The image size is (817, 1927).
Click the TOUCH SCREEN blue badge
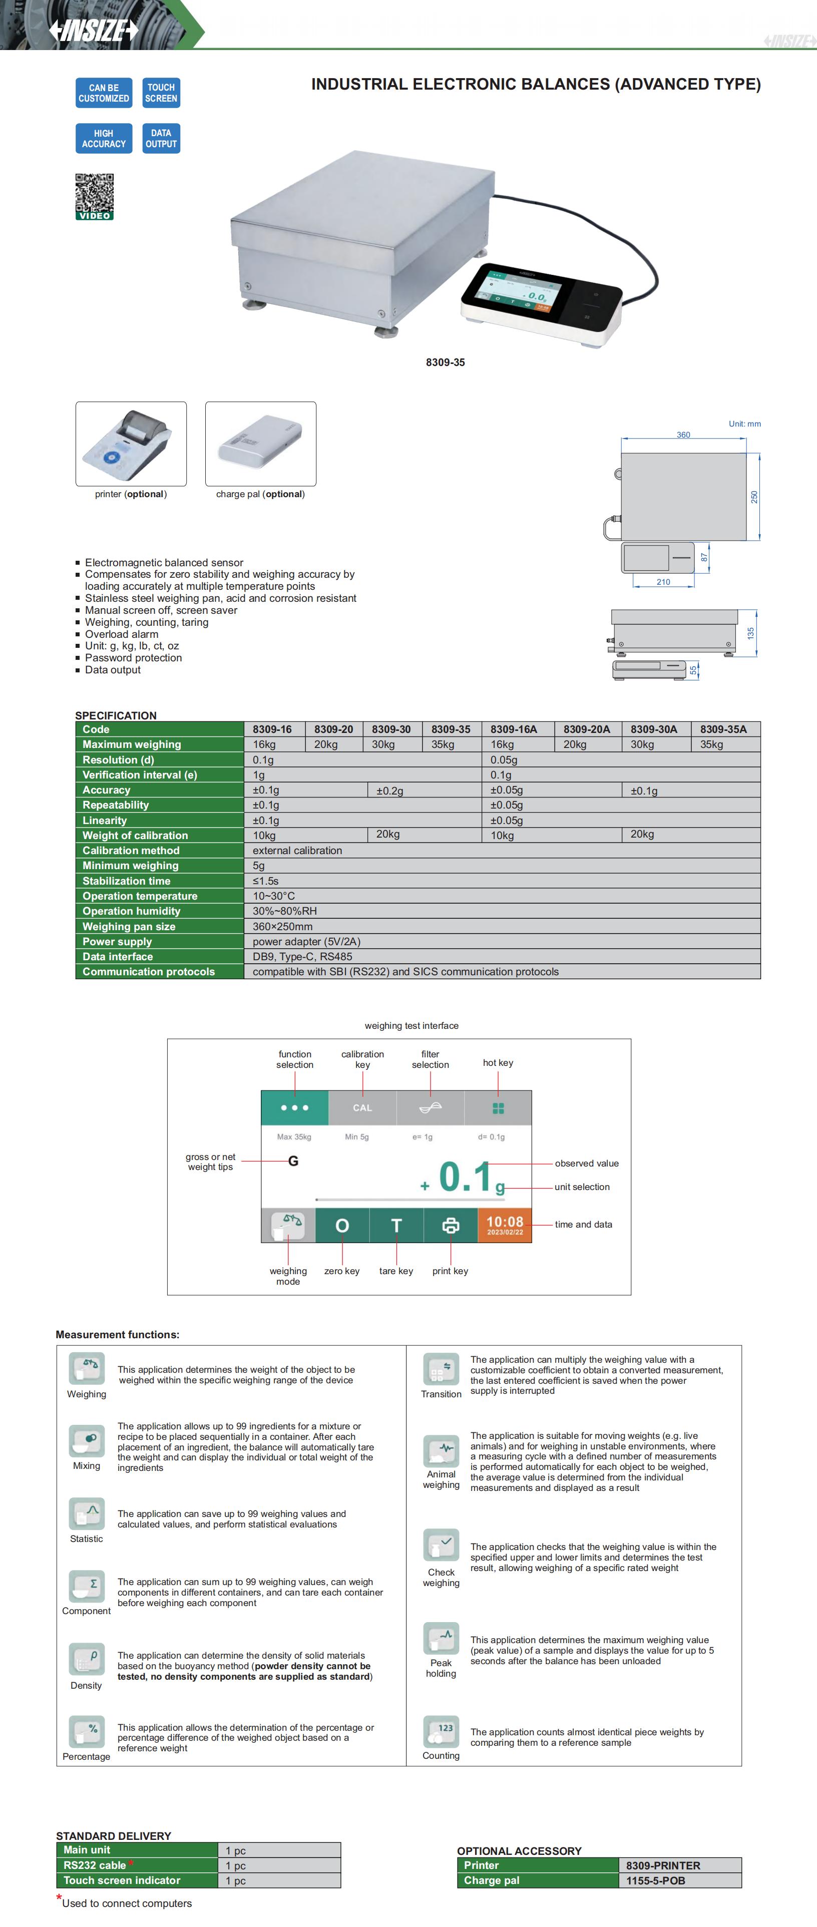click(161, 93)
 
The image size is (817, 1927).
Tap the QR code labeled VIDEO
click(94, 196)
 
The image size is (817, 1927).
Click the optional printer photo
click(131, 444)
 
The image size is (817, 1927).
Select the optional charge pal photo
click(260, 444)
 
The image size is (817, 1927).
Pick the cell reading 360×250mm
click(283, 926)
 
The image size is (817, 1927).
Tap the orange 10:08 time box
click(505, 1225)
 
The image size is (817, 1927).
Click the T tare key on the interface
click(396, 1225)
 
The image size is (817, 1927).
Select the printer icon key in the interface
click(451, 1225)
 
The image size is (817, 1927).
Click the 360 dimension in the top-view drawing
click(683, 435)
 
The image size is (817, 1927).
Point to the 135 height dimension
click(750, 633)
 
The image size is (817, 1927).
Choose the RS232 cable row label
click(95, 1865)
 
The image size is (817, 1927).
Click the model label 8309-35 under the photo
click(445, 362)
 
